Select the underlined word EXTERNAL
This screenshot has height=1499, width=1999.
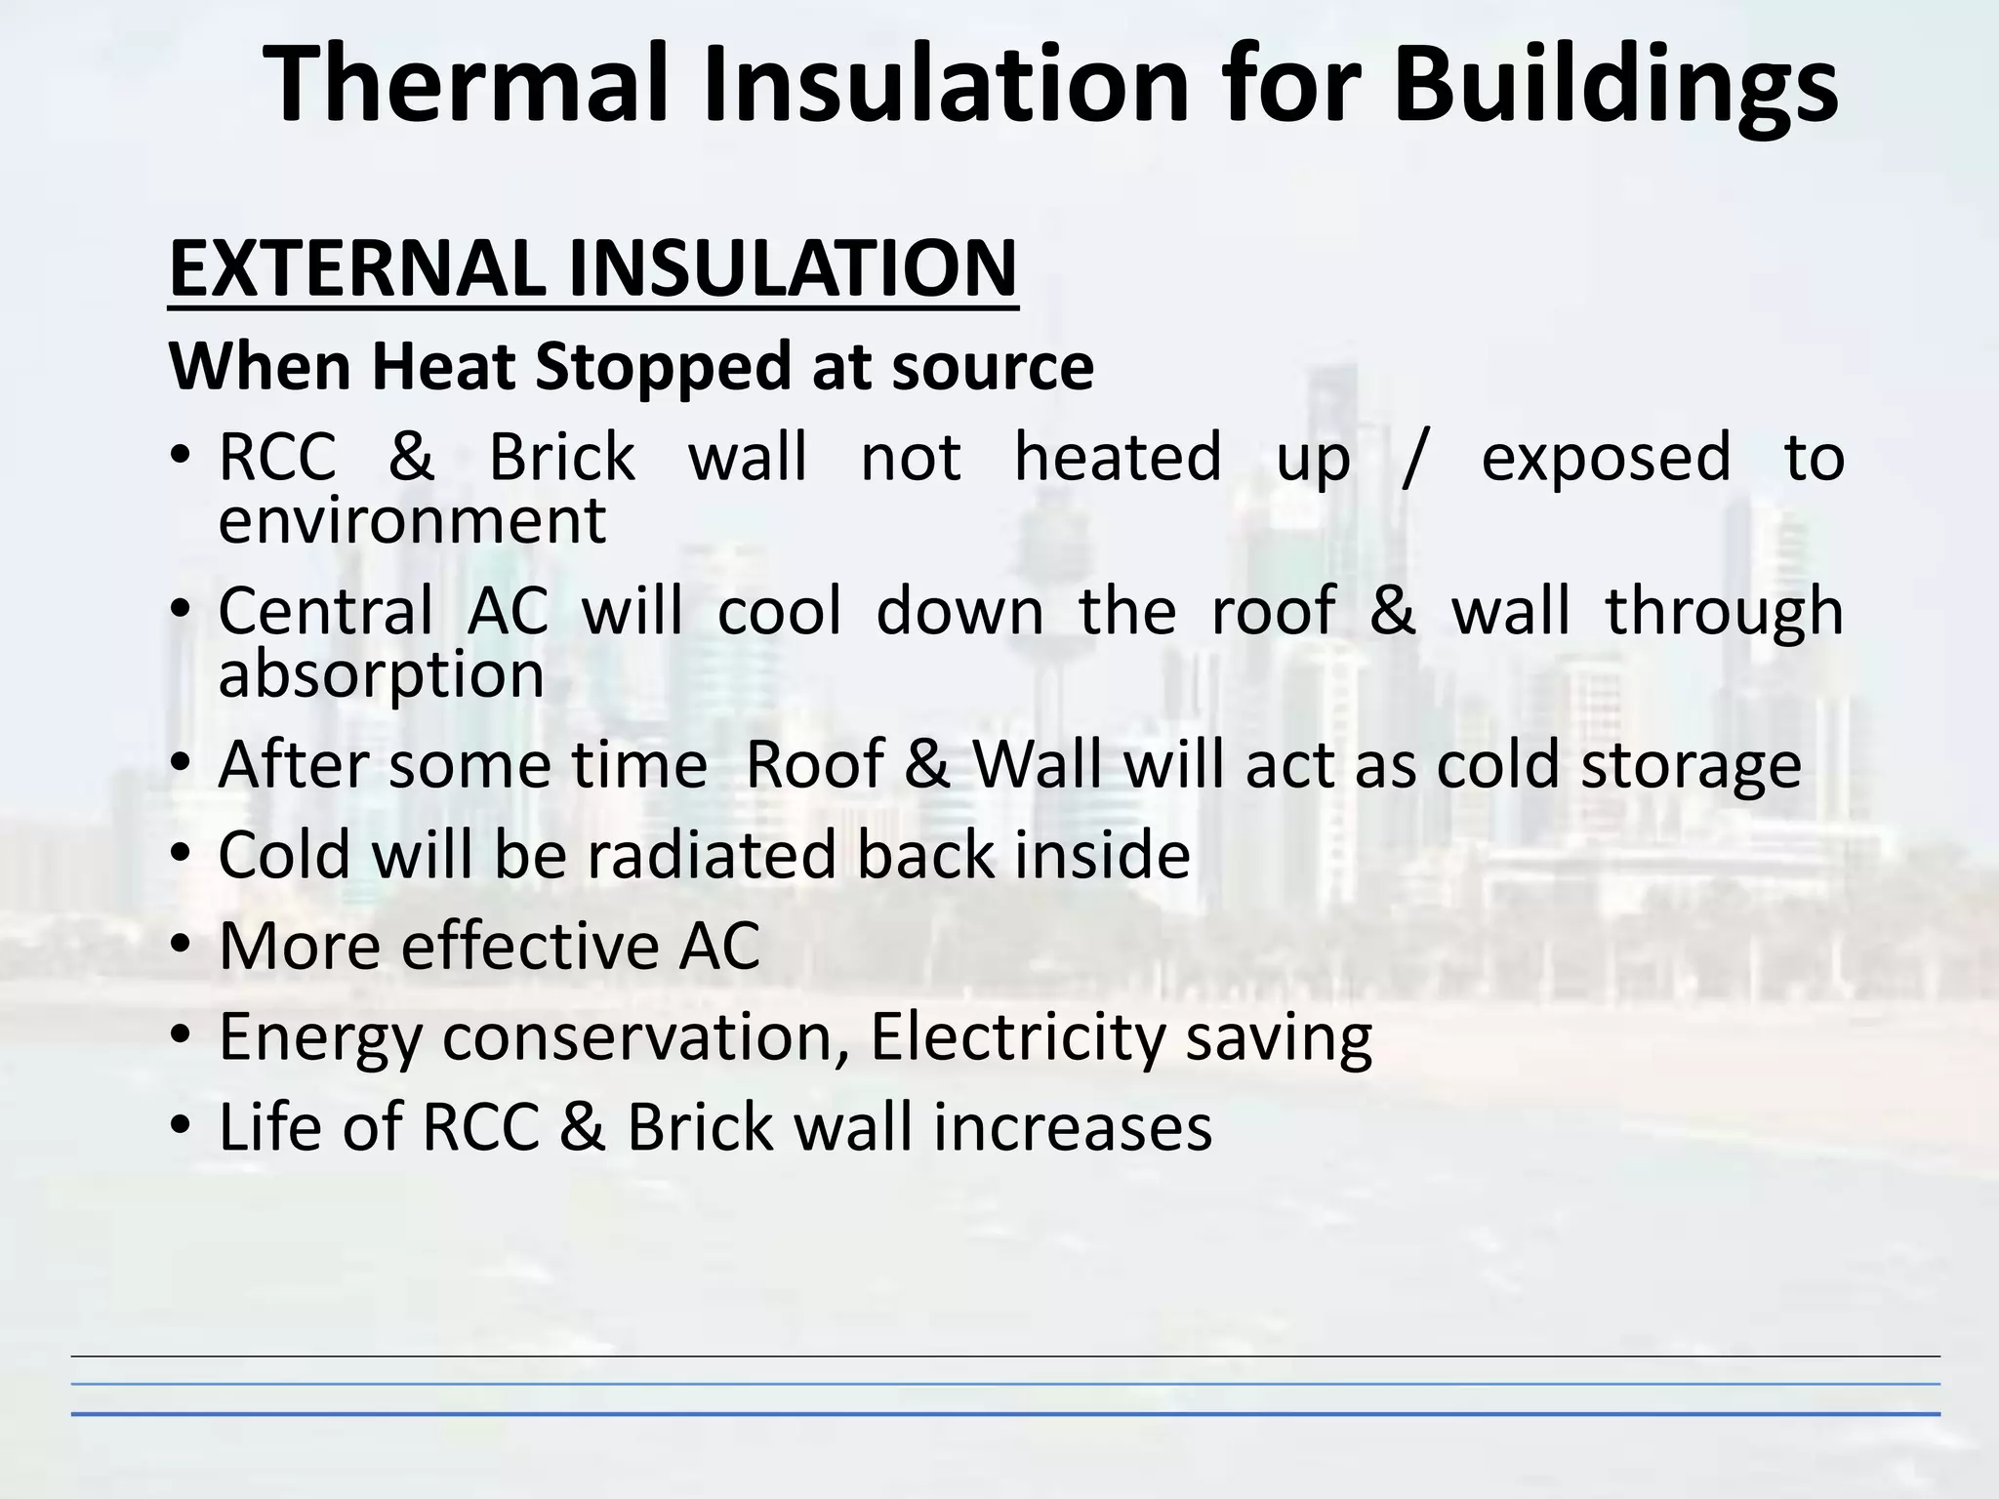click(357, 268)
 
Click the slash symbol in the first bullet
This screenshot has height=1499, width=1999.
click(1414, 456)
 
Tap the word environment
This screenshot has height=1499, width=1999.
click(412, 521)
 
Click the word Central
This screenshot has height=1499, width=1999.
click(325, 611)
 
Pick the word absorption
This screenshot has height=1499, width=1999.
click(381, 675)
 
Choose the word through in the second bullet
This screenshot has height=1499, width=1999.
click(1725, 613)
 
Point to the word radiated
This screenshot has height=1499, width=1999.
click(712, 855)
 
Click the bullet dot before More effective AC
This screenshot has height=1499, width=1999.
click(182, 946)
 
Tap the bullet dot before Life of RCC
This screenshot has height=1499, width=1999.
click(182, 1127)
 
